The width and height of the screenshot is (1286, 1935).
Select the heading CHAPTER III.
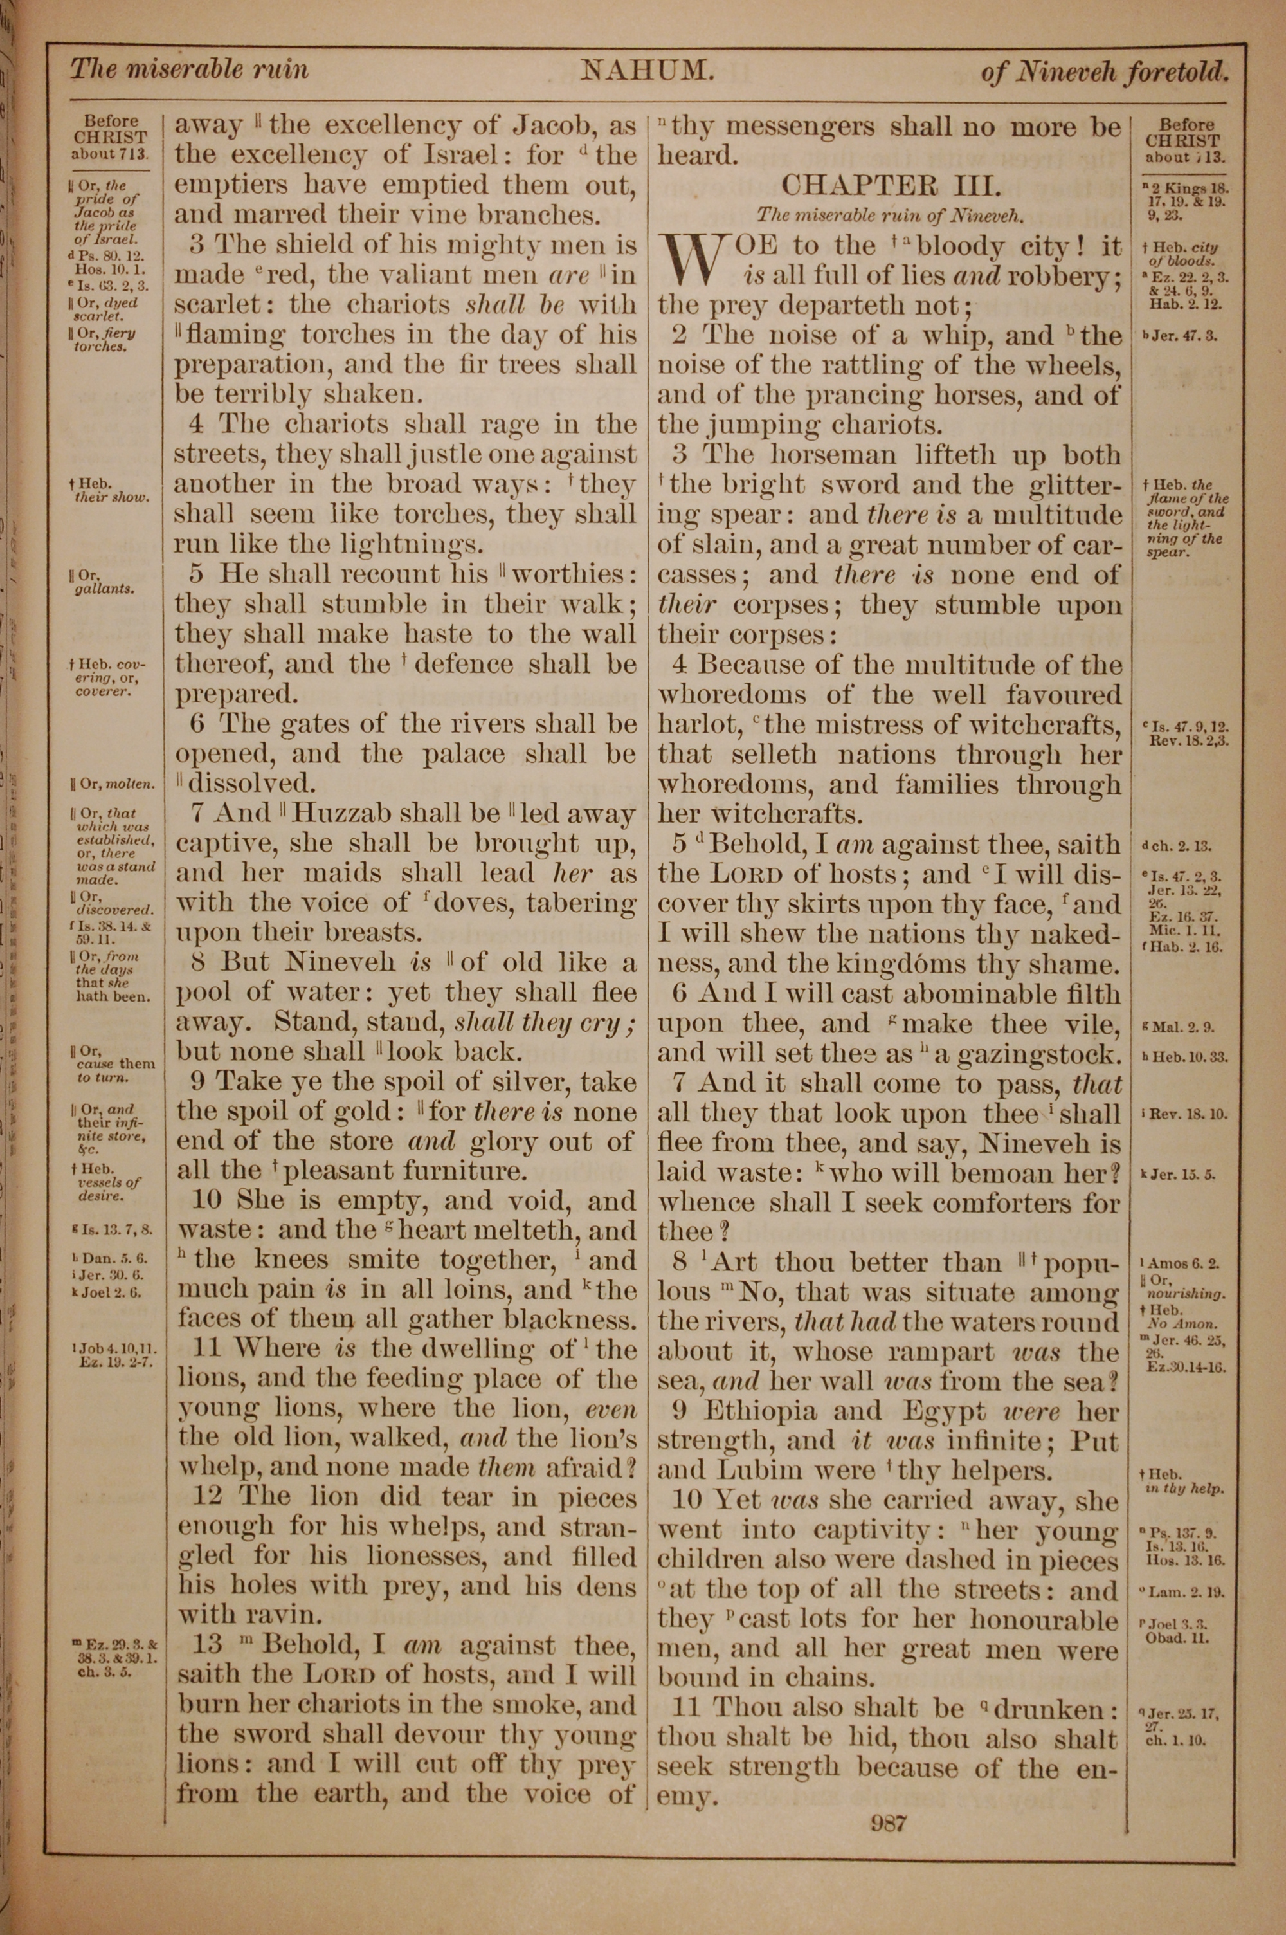click(x=891, y=185)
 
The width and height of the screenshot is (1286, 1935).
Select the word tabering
click(x=581, y=904)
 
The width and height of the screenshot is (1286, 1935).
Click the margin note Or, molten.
click(x=113, y=784)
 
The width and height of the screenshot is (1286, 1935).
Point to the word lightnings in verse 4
click(x=412, y=544)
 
